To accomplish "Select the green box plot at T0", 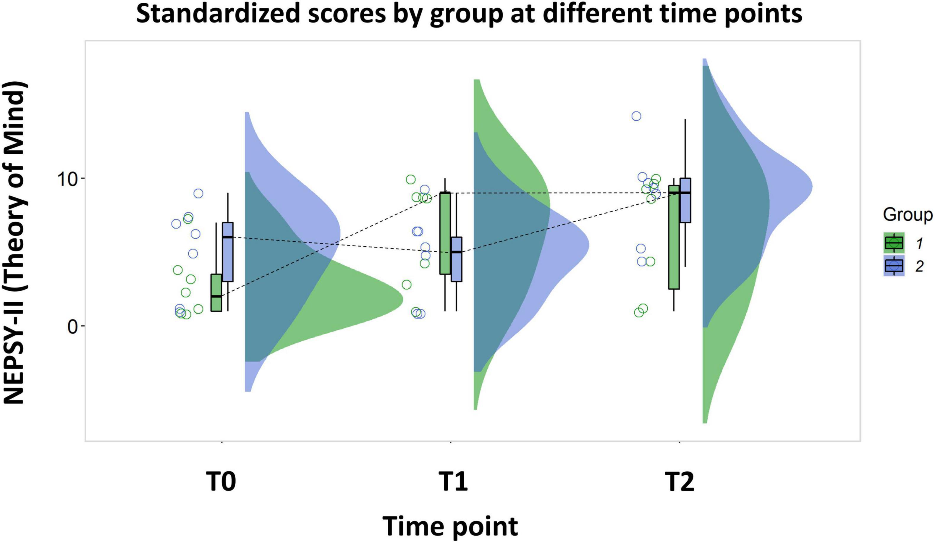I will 216,292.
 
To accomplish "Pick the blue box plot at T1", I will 456,259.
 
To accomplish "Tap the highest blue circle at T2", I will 636,116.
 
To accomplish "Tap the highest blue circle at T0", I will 198,193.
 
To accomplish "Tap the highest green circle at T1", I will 410,180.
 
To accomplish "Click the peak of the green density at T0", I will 402,299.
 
